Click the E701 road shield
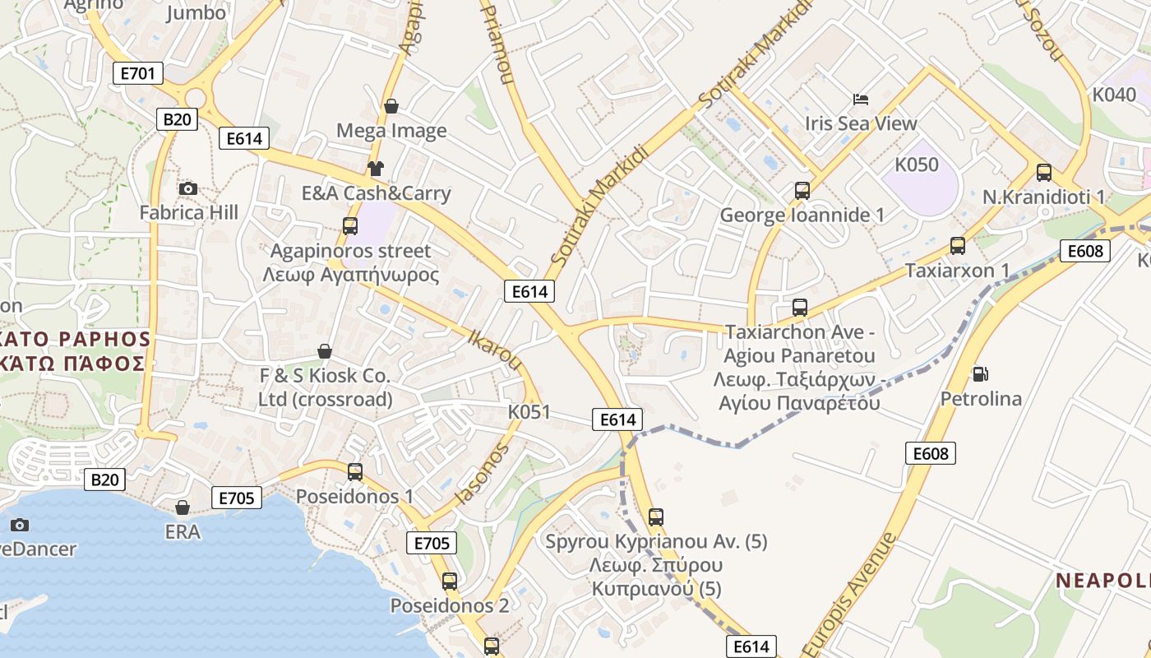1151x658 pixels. (137, 73)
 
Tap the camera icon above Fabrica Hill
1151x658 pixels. (188, 189)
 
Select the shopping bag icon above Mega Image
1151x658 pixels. (391, 106)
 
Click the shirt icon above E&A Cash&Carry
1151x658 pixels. (376, 169)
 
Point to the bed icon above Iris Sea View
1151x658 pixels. (861, 100)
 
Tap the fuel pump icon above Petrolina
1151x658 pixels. (980, 374)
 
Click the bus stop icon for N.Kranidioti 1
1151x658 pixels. (1044, 173)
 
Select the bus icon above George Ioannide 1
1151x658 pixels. (802, 191)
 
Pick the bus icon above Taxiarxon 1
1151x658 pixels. (957, 245)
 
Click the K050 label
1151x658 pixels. (917, 164)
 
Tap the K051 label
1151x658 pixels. (529, 411)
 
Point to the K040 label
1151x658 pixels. (1114, 95)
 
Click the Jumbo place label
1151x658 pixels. (196, 13)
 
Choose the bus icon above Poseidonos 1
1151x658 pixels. (355, 472)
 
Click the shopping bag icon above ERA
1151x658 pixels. (183, 507)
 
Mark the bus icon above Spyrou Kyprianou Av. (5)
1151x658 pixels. (655, 517)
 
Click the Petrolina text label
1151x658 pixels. (981, 399)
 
